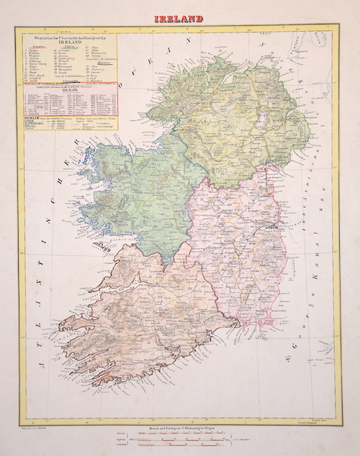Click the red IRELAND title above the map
tap(179, 18)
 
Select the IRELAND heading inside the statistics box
tap(70, 43)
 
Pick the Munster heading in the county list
tap(103, 63)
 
